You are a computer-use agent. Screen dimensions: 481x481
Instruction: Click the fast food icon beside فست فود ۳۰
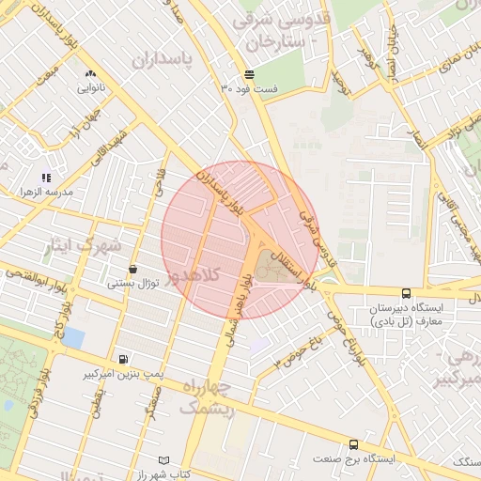[248, 74]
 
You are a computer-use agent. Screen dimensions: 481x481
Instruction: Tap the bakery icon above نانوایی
[90, 72]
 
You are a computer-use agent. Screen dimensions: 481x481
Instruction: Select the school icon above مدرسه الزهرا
[46, 177]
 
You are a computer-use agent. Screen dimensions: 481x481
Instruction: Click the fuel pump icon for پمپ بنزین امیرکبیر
[124, 359]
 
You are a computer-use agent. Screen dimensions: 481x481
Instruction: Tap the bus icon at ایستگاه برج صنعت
[353, 444]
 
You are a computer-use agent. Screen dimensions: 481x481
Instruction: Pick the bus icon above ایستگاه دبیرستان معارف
[406, 293]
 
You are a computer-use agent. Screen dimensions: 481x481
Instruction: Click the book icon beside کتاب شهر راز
[165, 460]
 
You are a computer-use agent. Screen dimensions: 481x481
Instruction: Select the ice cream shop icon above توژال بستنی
[132, 269]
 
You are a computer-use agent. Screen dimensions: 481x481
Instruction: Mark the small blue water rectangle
[72, 336]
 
